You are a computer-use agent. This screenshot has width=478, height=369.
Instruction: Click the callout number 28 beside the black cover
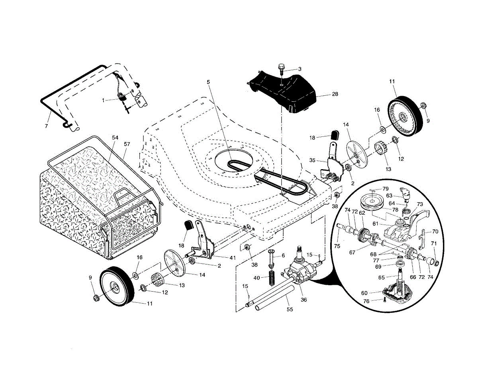(335, 94)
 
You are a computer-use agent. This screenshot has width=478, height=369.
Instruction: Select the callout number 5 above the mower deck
(208, 82)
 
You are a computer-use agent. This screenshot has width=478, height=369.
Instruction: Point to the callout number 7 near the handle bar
(46, 126)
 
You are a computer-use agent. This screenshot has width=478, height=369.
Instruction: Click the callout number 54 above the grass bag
(115, 138)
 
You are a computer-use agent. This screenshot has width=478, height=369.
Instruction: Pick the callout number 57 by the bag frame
(127, 144)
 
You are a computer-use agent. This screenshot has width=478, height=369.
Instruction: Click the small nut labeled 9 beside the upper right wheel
(423, 105)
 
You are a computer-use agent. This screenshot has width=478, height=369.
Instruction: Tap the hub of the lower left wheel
(115, 287)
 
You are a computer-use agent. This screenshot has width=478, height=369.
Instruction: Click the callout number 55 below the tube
(290, 310)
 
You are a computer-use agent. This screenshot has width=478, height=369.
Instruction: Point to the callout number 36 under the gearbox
(304, 300)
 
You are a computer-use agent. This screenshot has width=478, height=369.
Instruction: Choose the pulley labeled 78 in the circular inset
(372, 204)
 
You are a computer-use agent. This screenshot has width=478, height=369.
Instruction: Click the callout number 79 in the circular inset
(386, 189)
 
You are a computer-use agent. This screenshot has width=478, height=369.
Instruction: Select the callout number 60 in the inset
(364, 293)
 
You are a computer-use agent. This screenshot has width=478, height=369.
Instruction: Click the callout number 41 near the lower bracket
(233, 258)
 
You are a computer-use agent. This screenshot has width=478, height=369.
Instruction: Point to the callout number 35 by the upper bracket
(312, 160)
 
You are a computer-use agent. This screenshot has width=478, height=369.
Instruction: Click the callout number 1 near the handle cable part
(103, 101)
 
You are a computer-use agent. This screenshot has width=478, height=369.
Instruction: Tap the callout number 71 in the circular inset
(434, 243)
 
